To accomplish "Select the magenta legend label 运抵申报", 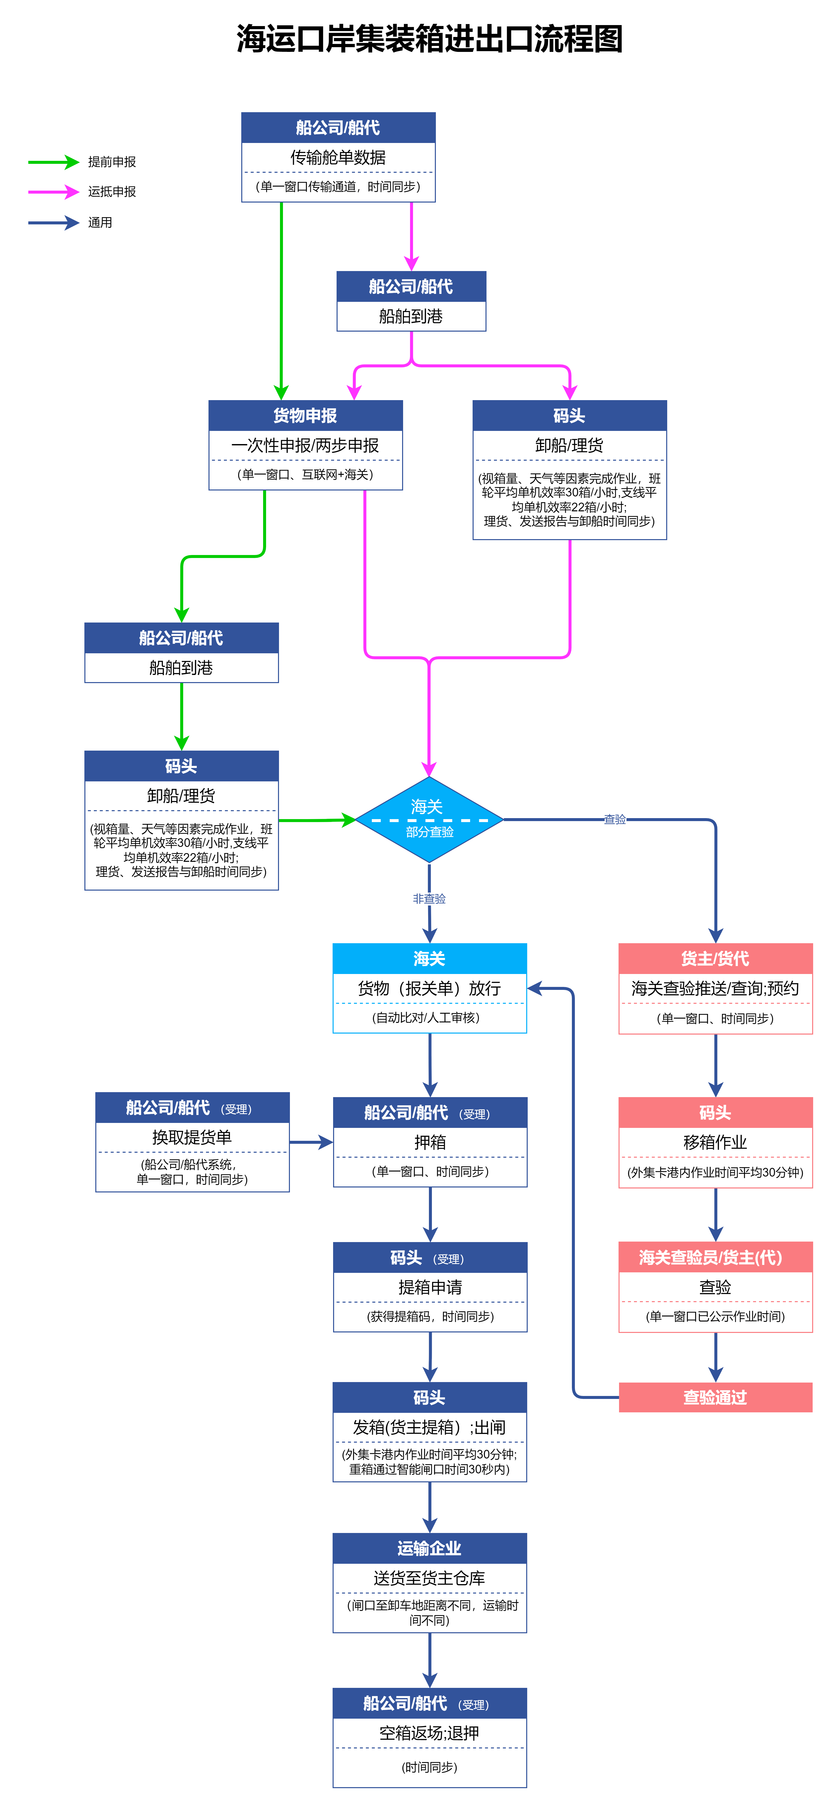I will [112, 192].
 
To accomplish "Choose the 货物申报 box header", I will [305, 416].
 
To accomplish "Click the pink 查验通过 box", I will [715, 1397].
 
